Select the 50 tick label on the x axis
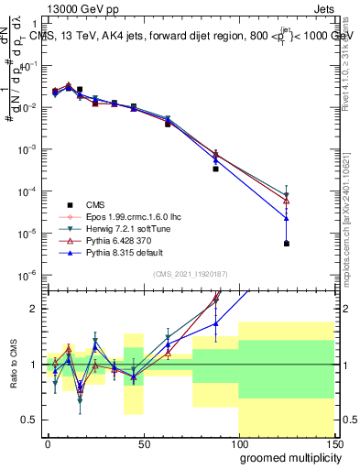pyautogui.click(x=142, y=443)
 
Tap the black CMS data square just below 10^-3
pyautogui.click(x=216, y=169)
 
